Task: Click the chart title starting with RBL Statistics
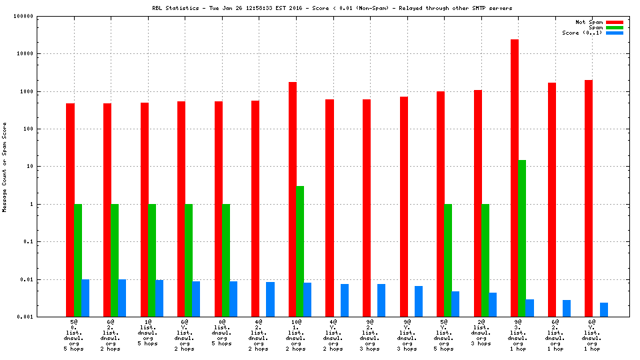(332, 8)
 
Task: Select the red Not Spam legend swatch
(614, 22)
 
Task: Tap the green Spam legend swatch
(614, 27)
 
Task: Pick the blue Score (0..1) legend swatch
(614, 33)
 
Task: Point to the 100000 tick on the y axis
(42, 16)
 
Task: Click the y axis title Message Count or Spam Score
(5, 167)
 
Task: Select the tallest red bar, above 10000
(515, 177)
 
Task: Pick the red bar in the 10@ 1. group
(293, 199)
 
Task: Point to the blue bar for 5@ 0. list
(85, 298)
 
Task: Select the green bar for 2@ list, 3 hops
(485, 260)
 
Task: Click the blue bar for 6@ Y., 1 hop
(603, 310)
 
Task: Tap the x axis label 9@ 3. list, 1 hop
(517, 335)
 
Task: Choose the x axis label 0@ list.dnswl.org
(221, 335)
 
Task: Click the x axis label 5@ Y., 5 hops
(443, 335)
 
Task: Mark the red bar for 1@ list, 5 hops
(144, 209)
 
